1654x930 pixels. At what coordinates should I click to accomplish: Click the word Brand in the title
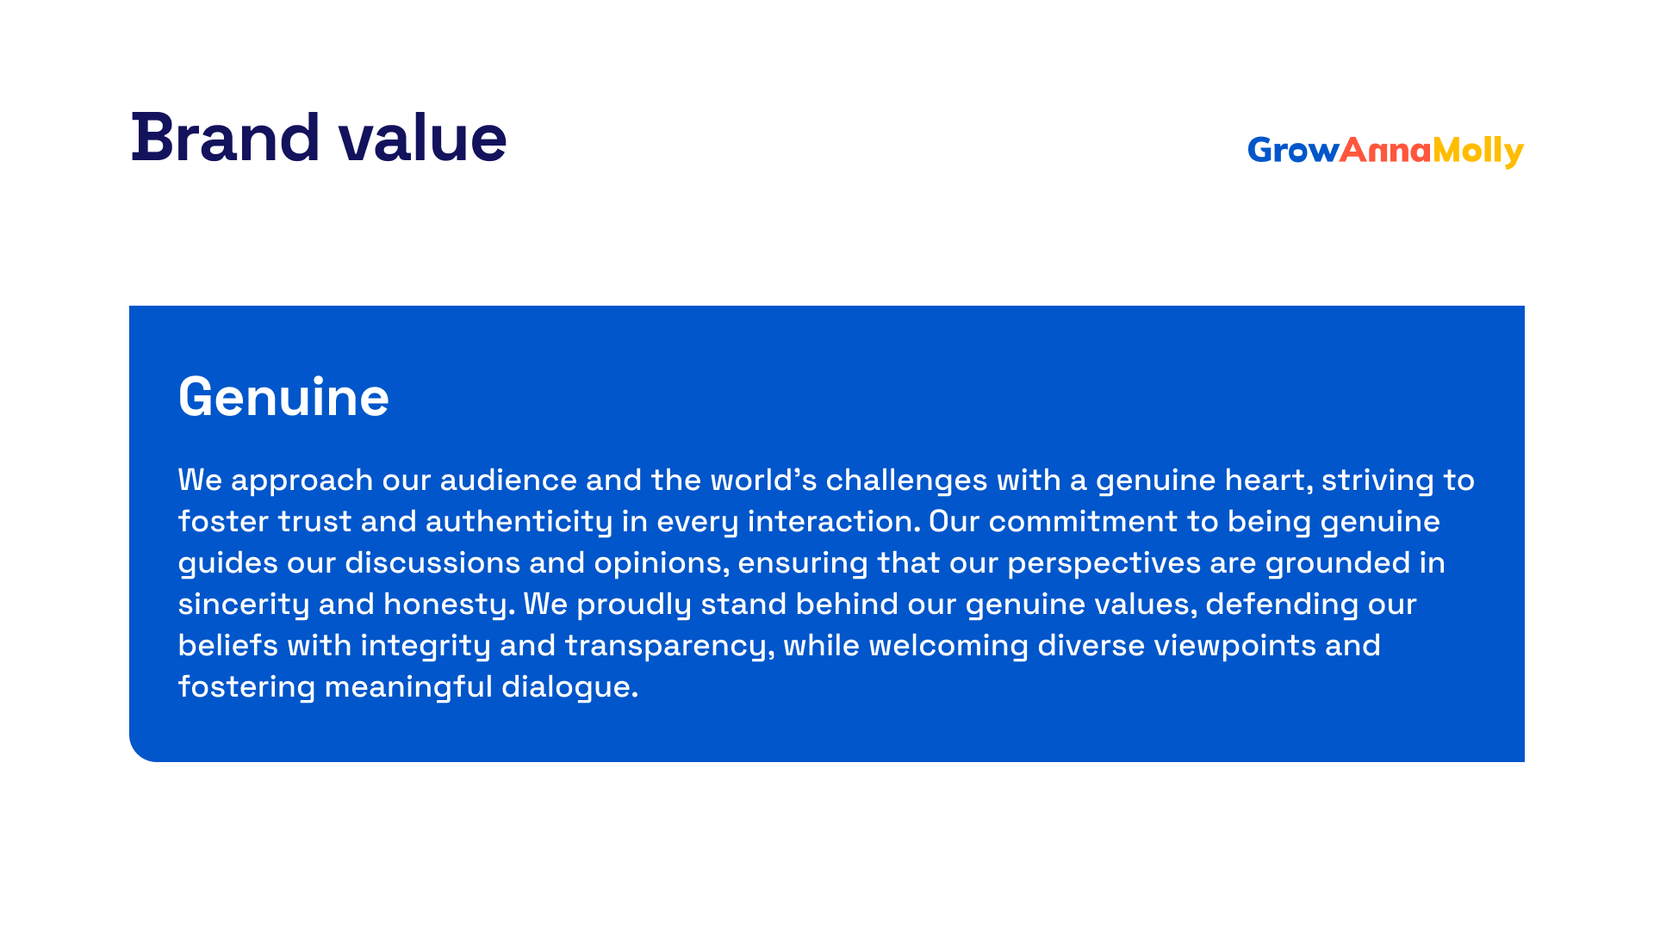point(226,138)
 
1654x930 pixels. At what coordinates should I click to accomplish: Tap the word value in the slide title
point(423,138)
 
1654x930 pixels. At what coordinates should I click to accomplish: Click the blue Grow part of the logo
point(1293,151)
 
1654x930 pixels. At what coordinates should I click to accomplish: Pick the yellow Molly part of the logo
point(1478,152)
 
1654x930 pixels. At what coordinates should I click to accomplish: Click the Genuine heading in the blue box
point(283,397)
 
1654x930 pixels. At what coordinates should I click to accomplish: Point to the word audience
point(508,480)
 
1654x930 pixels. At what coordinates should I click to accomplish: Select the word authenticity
point(519,523)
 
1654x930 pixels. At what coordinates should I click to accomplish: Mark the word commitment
point(1083,522)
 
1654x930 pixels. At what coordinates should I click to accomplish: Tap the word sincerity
point(244,605)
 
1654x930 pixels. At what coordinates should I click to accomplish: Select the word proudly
point(634,605)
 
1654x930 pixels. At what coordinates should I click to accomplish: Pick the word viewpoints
point(1234,647)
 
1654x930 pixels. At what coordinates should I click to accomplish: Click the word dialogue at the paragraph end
point(569,688)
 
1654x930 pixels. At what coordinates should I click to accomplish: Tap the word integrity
point(426,647)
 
